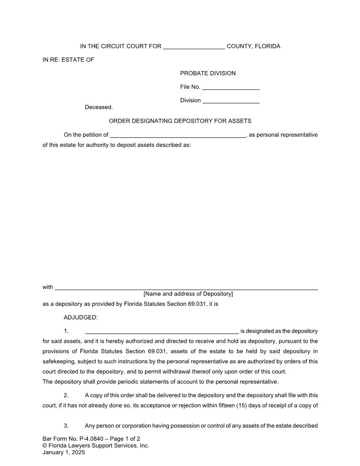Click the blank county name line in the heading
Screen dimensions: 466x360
pos(194,47)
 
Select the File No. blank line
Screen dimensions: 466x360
pos(230,88)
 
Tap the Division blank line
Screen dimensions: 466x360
pos(231,101)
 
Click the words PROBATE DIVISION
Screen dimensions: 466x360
pos(208,73)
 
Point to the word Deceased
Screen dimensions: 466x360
pos(99,107)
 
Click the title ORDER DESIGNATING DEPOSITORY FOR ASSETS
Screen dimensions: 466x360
pos(180,121)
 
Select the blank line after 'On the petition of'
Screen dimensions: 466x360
pos(177,136)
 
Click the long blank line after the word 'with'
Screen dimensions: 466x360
pos(186,288)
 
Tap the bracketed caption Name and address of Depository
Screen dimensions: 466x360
pos(188,294)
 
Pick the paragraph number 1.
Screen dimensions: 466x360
pos(66,331)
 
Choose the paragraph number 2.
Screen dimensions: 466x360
pos(66,395)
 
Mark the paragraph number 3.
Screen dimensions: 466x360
pos(66,426)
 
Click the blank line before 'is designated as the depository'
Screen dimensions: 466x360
pos(161,332)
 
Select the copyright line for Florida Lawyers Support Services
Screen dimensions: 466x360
pos(96,446)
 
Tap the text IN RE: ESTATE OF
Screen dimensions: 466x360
pos(68,60)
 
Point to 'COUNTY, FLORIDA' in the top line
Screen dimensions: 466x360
pos(253,46)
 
